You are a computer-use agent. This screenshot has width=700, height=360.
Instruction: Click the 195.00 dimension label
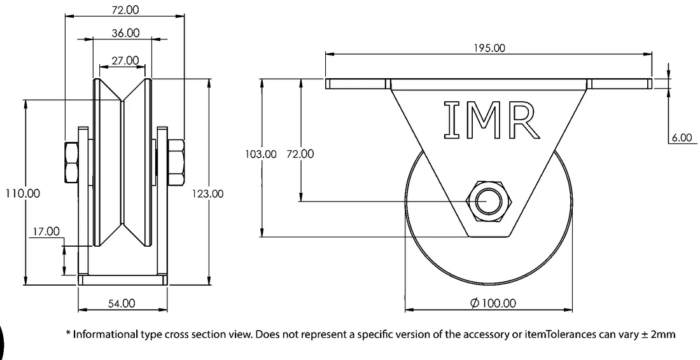tap(490, 48)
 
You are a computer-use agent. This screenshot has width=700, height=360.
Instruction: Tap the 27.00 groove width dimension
tap(125, 60)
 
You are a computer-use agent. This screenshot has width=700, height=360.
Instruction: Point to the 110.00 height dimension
tap(22, 193)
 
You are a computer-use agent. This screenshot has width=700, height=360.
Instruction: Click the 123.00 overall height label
tap(207, 193)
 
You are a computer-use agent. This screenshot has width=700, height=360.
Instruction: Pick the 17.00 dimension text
tap(45, 231)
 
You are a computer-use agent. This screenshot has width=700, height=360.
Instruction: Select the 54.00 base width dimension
tap(122, 303)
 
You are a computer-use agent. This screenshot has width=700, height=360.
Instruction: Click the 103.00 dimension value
tap(261, 154)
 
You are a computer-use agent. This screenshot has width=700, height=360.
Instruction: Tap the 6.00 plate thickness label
tap(683, 137)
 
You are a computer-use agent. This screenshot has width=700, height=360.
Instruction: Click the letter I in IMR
tap(452, 120)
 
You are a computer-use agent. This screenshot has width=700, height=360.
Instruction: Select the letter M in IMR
tap(484, 120)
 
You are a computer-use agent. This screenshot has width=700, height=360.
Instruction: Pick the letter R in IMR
tap(522, 120)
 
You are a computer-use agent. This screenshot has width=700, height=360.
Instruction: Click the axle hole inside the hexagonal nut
tap(487, 201)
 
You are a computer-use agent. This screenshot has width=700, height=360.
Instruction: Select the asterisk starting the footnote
tap(68, 333)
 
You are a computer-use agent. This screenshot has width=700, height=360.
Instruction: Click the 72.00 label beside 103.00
tap(300, 154)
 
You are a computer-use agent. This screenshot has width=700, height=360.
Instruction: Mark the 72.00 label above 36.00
tap(125, 10)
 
